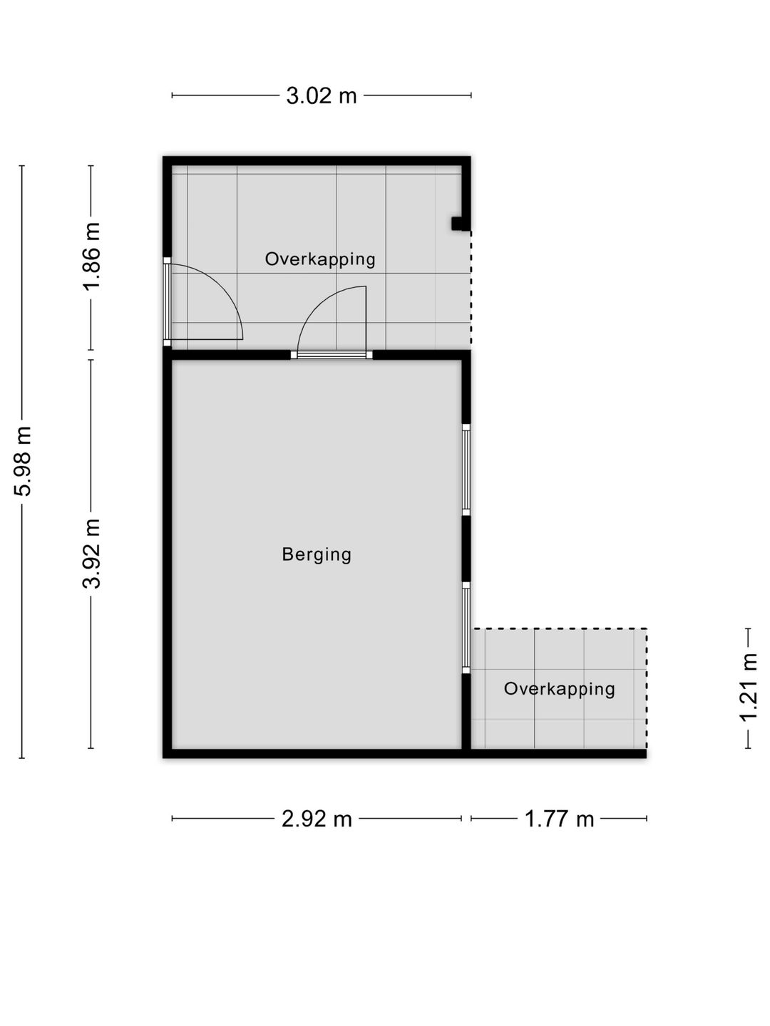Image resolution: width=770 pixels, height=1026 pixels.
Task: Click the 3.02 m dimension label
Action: point(321,95)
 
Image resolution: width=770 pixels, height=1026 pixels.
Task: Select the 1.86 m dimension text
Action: point(91,256)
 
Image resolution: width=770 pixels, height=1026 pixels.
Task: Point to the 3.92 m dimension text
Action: point(91,553)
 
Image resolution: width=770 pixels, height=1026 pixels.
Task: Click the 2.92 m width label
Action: point(317,819)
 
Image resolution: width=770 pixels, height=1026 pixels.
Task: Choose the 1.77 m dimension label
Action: point(559,819)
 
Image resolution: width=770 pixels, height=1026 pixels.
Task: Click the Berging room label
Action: point(317,555)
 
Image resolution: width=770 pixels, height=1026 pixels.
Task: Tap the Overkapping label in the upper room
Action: point(320,259)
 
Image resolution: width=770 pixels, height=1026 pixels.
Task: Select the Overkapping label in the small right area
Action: point(559,689)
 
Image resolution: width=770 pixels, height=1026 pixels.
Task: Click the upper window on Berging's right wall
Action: point(466,470)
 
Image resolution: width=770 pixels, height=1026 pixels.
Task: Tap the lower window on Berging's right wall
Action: point(466,628)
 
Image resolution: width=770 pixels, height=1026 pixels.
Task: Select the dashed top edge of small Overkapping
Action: point(559,628)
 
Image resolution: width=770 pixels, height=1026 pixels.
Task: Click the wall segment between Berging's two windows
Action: point(466,549)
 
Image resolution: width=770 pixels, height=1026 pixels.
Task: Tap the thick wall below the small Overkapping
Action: point(559,754)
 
